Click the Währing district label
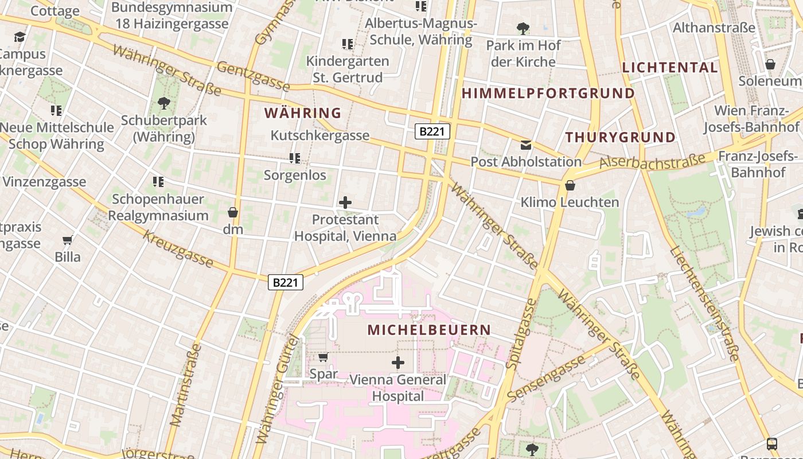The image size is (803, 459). coord(303,113)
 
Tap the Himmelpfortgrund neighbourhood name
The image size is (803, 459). coord(548,93)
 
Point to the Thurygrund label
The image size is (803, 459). coord(621,137)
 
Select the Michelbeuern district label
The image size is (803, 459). coord(429,330)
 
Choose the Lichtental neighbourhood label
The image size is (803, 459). coord(670,67)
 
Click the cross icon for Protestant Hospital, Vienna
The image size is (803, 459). coord(345,202)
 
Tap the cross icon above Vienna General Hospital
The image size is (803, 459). coord(397,362)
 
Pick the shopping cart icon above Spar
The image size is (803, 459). coord(323,357)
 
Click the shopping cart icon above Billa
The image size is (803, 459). coord(68,240)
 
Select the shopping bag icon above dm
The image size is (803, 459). coord(233,212)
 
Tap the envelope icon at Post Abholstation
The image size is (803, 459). coord(526,145)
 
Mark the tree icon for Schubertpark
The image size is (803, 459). coord(163,103)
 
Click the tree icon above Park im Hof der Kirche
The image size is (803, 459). coord(523,28)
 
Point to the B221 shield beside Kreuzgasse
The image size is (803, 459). coord(285,282)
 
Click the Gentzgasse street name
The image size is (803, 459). coord(253,75)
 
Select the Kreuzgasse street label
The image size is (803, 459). coord(178,250)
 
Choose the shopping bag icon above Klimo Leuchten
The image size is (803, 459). coord(570,185)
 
